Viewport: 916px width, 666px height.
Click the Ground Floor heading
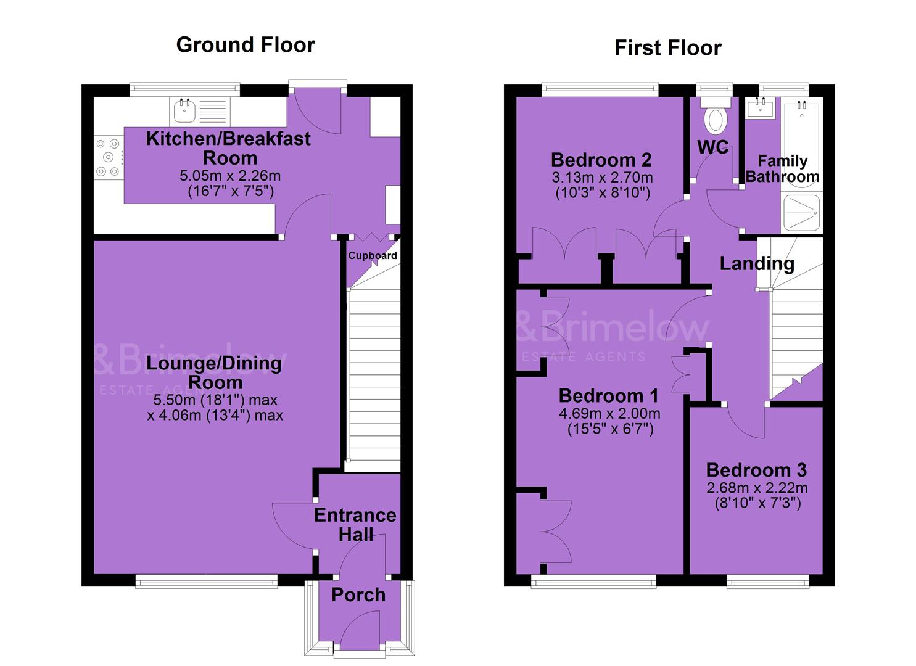click(x=246, y=44)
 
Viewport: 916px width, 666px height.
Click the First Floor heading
click(x=668, y=48)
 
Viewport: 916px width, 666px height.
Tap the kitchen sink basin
click(x=184, y=110)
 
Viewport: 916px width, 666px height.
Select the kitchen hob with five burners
click(x=109, y=157)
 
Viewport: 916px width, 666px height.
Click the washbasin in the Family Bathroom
click(x=760, y=108)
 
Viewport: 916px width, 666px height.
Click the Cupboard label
click(x=373, y=255)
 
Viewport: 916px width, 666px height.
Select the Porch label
click(x=358, y=595)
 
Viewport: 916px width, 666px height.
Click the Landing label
click(x=757, y=264)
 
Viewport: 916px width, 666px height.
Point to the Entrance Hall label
click(x=355, y=525)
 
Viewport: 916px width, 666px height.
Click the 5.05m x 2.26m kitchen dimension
click(x=230, y=176)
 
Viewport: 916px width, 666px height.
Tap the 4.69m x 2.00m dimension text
click(x=609, y=413)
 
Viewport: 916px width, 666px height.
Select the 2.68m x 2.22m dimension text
click(x=757, y=488)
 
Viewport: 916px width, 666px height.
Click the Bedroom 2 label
click(x=601, y=160)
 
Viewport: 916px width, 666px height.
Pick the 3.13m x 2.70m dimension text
click(x=602, y=178)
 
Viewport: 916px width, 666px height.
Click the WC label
click(x=713, y=147)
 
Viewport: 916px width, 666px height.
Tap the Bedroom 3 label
click(x=756, y=470)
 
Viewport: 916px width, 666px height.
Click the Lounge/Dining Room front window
click(x=207, y=581)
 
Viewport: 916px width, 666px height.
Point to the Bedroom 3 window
click(x=768, y=581)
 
